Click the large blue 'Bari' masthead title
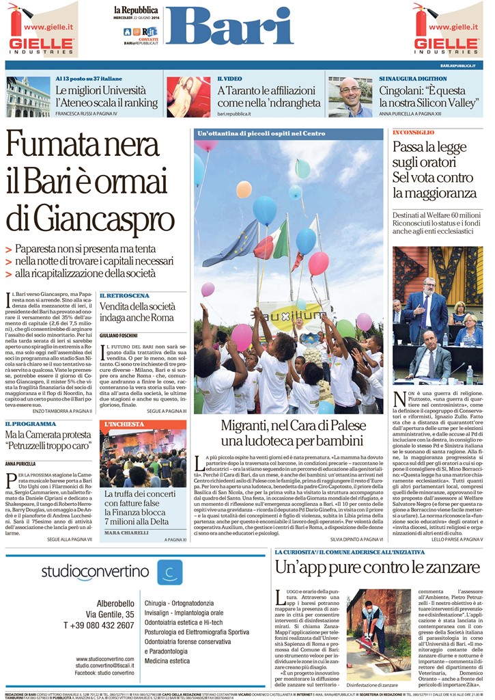point(228,27)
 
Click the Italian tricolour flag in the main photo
point(272,239)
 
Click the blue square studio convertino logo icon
point(169,571)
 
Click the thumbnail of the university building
point(28,96)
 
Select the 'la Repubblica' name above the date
point(136,10)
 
